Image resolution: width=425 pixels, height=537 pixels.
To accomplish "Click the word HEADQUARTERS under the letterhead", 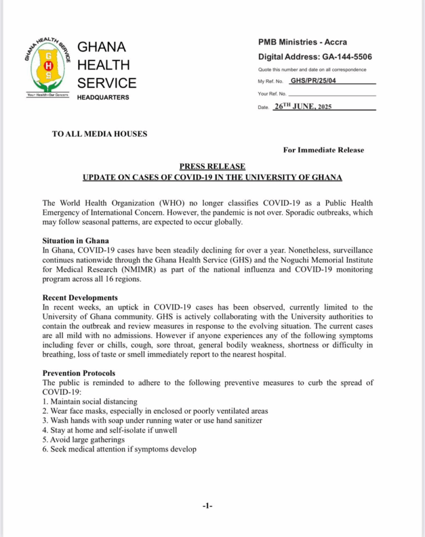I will [103, 98].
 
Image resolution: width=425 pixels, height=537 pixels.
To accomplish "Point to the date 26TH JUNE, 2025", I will [302, 106].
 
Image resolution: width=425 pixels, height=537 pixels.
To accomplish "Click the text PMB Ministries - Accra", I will [303, 42].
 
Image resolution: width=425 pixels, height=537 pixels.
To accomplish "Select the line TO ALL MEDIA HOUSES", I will [100, 134].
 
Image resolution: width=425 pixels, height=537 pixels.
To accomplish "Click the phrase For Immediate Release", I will [323, 150].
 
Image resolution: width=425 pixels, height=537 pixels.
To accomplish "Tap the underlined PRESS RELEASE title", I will [212, 167].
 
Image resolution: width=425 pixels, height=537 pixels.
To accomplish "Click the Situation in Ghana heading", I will [76, 241].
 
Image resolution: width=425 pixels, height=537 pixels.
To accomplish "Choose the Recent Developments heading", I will [80, 298].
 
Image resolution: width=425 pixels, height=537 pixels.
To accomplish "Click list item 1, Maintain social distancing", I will [90, 401].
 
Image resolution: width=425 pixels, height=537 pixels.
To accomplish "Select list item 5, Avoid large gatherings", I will [83, 439].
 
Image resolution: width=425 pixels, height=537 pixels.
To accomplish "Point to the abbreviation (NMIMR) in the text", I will [127, 269].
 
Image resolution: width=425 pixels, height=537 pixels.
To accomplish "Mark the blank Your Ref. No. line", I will [332, 94].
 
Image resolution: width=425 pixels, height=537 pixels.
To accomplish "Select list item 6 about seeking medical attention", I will [119, 449].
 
